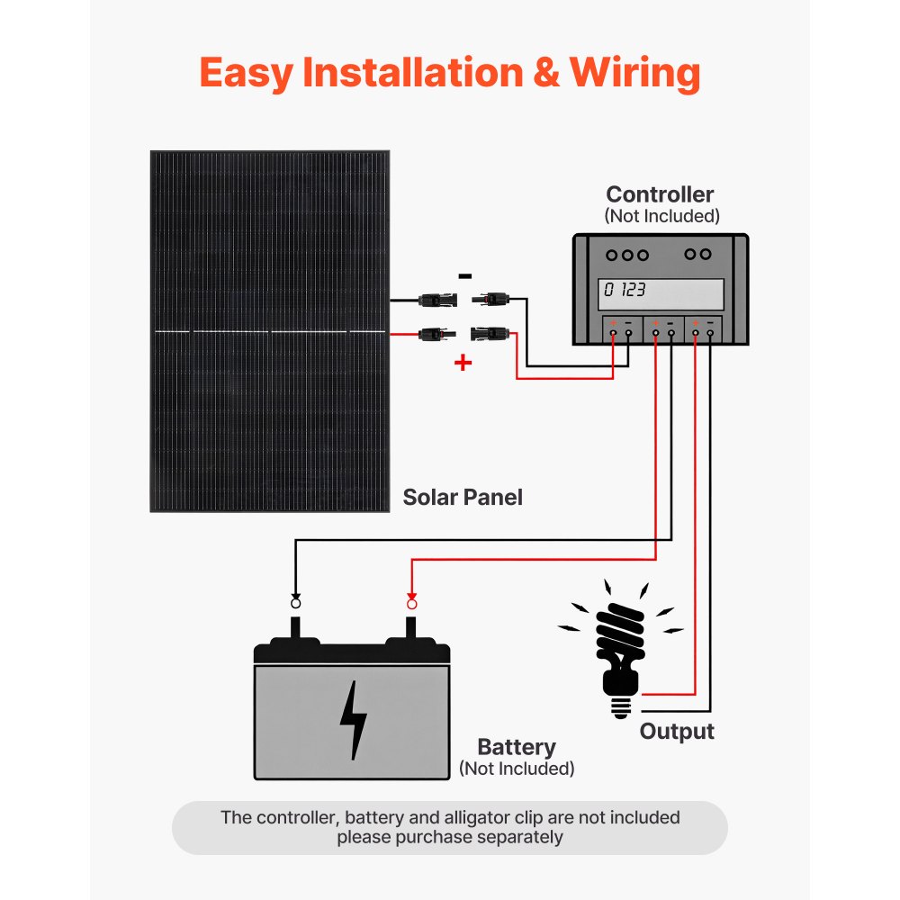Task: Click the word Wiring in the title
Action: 634,73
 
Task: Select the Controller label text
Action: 660,194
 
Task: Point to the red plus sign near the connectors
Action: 463,363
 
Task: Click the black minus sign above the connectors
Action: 463,276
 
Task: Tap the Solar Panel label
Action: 462,497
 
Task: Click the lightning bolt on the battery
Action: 353,720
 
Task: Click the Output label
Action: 677,732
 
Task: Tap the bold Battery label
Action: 516,747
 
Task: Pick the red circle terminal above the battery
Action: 411,602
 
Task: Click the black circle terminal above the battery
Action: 295,602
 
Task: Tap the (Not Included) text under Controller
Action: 661,216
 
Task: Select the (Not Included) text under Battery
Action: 516,769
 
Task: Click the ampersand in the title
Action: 545,73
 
